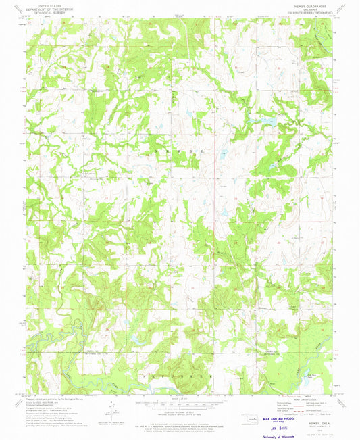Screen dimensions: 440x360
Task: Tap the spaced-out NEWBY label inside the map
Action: point(180,151)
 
